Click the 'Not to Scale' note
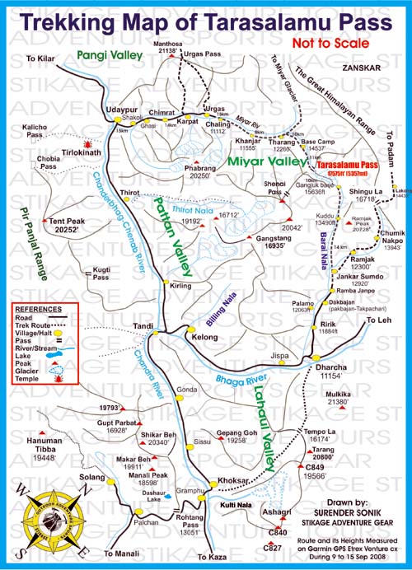[x=339, y=40]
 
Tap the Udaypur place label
[x=120, y=109]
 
